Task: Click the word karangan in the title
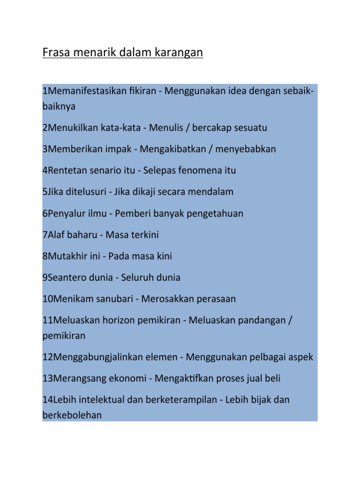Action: point(180,52)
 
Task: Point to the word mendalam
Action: point(212,192)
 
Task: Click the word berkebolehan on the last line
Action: point(72,415)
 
